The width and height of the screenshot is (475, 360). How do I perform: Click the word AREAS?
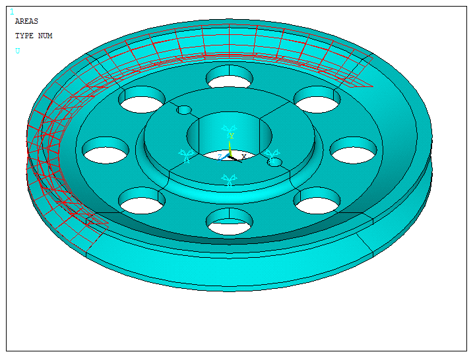(x=26, y=22)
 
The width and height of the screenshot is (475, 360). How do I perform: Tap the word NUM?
(x=45, y=36)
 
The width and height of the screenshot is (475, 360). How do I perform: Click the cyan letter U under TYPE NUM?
(x=17, y=51)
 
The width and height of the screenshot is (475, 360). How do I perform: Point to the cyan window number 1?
(x=11, y=12)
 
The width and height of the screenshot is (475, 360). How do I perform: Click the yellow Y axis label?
(x=231, y=136)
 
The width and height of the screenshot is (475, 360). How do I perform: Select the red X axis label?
(x=243, y=156)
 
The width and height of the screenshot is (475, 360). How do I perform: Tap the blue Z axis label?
(x=220, y=157)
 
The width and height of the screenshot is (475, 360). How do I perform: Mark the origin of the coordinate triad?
(x=230, y=156)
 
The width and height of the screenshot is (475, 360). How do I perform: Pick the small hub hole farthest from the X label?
(x=185, y=109)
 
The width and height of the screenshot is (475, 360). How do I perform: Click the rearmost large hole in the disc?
(x=229, y=78)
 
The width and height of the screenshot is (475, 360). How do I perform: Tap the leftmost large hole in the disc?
(x=106, y=151)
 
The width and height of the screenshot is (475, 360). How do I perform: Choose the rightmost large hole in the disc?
(x=354, y=151)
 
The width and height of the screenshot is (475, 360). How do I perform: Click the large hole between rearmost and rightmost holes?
(x=317, y=100)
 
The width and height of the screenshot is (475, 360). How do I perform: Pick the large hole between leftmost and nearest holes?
(x=142, y=200)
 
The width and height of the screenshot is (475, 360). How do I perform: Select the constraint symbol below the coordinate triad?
(x=229, y=179)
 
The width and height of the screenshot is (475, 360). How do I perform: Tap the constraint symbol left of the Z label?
(x=187, y=156)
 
